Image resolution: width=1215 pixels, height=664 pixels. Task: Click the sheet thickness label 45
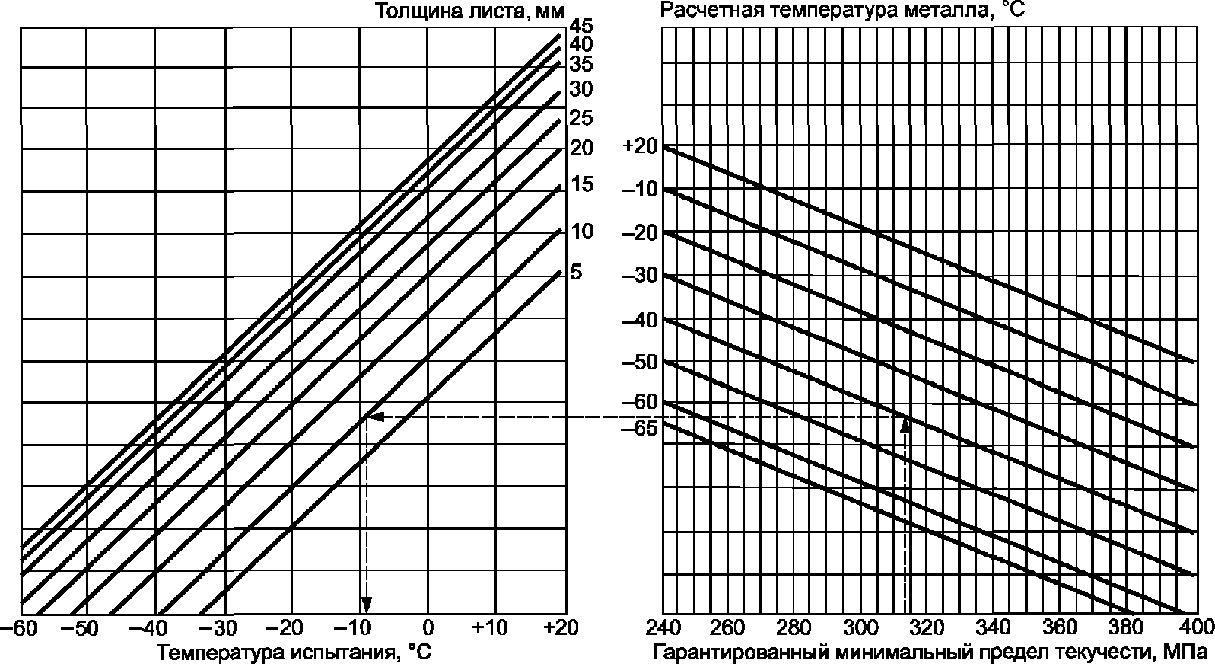pyautogui.click(x=581, y=25)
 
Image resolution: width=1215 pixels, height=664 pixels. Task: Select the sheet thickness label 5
pyautogui.click(x=576, y=272)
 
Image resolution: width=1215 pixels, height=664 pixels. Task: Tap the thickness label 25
pyautogui.click(x=581, y=118)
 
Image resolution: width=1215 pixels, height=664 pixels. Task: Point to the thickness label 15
pyautogui.click(x=583, y=184)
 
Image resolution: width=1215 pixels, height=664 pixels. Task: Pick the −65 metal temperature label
pyautogui.click(x=640, y=429)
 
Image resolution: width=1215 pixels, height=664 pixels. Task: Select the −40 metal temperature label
pyautogui.click(x=640, y=321)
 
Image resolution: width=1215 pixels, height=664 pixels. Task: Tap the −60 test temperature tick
pyautogui.click(x=20, y=628)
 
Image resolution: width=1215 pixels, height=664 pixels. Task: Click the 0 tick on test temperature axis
pyautogui.click(x=428, y=628)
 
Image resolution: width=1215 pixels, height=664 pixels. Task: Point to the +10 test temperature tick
pyautogui.click(x=491, y=628)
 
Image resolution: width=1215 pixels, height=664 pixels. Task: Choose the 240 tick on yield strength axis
pyautogui.click(x=663, y=628)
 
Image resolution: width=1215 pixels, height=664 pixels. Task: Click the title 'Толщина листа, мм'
pyautogui.click(x=470, y=11)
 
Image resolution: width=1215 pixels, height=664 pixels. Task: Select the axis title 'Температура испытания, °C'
pyautogui.click(x=294, y=652)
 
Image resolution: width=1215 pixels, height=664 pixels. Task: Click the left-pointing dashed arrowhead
pyautogui.click(x=377, y=417)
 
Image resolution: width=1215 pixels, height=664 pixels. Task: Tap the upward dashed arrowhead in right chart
pyautogui.click(x=905, y=426)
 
